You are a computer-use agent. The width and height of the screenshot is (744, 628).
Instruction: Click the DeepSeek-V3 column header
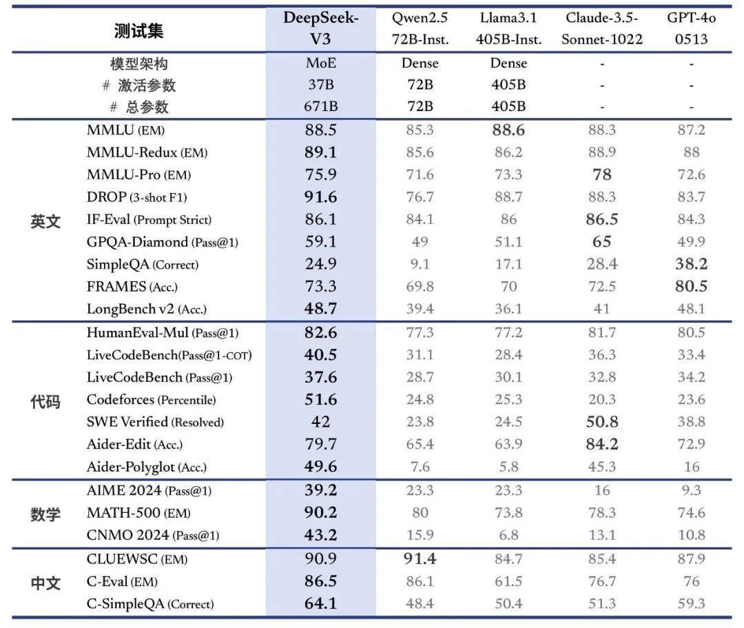click(x=320, y=28)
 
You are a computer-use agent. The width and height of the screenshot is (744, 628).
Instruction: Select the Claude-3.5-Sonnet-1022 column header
click(x=601, y=28)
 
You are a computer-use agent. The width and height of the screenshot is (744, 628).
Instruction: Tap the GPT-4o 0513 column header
click(x=691, y=28)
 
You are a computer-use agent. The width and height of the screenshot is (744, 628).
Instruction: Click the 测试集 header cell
click(x=138, y=30)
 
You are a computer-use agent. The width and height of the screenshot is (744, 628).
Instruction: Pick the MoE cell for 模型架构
click(x=320, y=63)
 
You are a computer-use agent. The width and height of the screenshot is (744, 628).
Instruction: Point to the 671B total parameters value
click(x=320, y=107)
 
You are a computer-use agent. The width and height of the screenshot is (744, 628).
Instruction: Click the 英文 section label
click(x=45, y=221)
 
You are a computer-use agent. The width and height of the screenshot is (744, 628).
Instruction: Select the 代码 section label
click(x=45, y=401)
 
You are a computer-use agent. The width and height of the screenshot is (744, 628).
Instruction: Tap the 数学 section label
click(x=45, y=514)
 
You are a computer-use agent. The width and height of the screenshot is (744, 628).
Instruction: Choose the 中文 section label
click(x=45, y=583)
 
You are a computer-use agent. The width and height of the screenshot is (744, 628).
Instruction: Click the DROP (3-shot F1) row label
click(x=146, y=197)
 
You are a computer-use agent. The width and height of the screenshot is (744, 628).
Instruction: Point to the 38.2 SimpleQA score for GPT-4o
click(x=691, y=264)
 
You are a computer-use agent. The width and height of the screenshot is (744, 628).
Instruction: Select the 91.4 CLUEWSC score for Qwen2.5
click(x=420, y=559)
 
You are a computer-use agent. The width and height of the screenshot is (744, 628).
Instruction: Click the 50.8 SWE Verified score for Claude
click(x=601, y=422)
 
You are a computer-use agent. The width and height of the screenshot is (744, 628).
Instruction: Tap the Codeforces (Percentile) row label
click(x=151, y=400)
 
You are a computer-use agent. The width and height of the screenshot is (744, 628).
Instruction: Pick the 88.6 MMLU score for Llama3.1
click(x=508, y=130)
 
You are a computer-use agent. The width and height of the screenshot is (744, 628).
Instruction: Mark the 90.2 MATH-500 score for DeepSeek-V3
click(x=320, y=513)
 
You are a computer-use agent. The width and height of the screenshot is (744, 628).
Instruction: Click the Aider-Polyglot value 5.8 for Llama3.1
click(x=508, y=467)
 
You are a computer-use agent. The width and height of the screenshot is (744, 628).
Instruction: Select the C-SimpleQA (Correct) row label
click(x=150, y=605)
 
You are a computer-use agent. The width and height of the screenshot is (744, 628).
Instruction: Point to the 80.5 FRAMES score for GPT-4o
click(x=691, y=287)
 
